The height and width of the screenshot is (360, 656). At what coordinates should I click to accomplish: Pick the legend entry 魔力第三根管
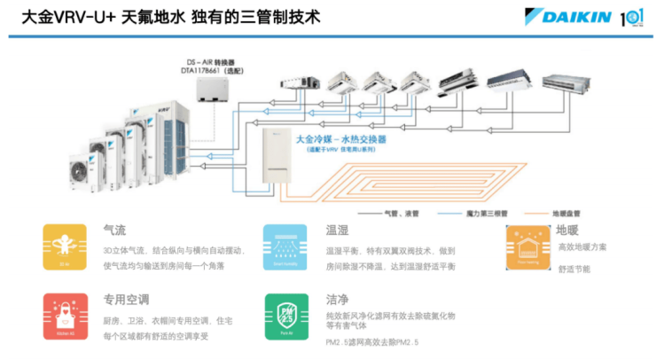tap(486, 214)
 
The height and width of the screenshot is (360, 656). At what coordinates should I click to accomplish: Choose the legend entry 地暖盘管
tap(565, 214)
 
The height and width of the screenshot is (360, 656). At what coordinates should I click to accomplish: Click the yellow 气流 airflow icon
tap(64, 247)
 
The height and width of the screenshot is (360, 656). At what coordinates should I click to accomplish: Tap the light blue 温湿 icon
tap(285, 247)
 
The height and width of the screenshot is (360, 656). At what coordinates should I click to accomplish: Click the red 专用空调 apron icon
tap(64, 315)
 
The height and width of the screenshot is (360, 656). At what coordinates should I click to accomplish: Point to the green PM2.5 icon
tap(285, 315)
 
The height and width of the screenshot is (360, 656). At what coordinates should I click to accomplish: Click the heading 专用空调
tap(125, 300)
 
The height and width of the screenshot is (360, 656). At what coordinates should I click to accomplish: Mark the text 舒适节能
tap(574, 269)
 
